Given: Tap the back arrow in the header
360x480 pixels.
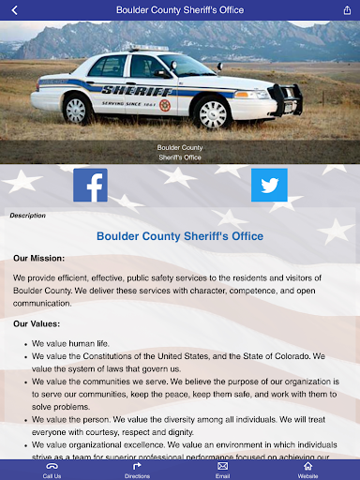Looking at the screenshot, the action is point(14,9).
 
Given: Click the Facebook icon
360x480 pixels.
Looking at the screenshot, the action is point(90,186).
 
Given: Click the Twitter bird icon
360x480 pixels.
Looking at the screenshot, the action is point(269,186).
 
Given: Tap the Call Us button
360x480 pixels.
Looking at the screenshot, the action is point(52,470).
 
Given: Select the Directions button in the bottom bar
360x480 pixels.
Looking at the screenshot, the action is point(137,470).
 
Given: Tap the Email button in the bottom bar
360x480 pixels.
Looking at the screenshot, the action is point(222,470).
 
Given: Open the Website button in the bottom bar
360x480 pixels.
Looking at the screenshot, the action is point(307,470).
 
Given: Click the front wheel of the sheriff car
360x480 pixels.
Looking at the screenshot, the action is point(213,113).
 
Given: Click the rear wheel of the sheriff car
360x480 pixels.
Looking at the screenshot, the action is point(76,109).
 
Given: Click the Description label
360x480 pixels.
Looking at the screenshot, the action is point(27,215).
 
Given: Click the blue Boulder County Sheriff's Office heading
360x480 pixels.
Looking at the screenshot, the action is point(180,236).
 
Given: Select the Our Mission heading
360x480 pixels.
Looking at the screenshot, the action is point(38,257).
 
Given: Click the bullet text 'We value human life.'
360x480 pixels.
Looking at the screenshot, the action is point(70,343).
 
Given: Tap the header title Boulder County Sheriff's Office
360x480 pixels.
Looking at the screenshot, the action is point(180,9).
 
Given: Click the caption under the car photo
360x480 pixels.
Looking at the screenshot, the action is point(180,153).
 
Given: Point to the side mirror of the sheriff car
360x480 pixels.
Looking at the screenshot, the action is point(164,72).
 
